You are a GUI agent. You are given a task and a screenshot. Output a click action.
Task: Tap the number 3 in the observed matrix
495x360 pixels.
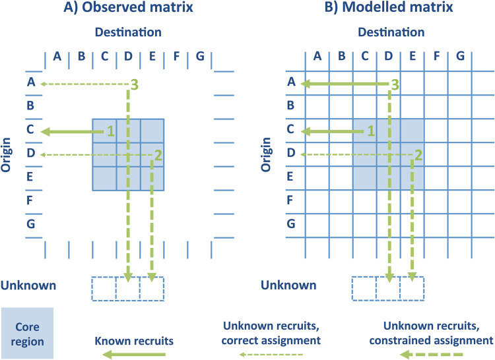coord(135,84)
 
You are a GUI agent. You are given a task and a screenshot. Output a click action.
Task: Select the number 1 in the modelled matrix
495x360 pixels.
coord(372,131)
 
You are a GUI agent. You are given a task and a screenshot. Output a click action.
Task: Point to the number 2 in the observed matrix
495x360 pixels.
coord(158,155)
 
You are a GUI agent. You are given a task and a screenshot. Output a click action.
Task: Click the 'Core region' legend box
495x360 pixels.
coord(27,333)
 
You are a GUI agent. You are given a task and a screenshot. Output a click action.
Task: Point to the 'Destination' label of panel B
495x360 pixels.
coord(389,32)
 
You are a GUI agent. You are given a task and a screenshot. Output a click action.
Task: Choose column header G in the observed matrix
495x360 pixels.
coord(200,57)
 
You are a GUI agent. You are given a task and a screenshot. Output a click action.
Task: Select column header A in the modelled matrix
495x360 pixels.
coord(317,57)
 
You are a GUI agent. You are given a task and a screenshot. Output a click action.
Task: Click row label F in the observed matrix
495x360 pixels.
coord(30,200)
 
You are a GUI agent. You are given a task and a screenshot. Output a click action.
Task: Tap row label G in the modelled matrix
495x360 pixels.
coord(290,224)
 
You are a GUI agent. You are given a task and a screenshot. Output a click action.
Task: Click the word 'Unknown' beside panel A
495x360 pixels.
coord(28,285)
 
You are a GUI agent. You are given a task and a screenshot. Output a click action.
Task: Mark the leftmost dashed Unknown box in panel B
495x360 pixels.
coord(364,288)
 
